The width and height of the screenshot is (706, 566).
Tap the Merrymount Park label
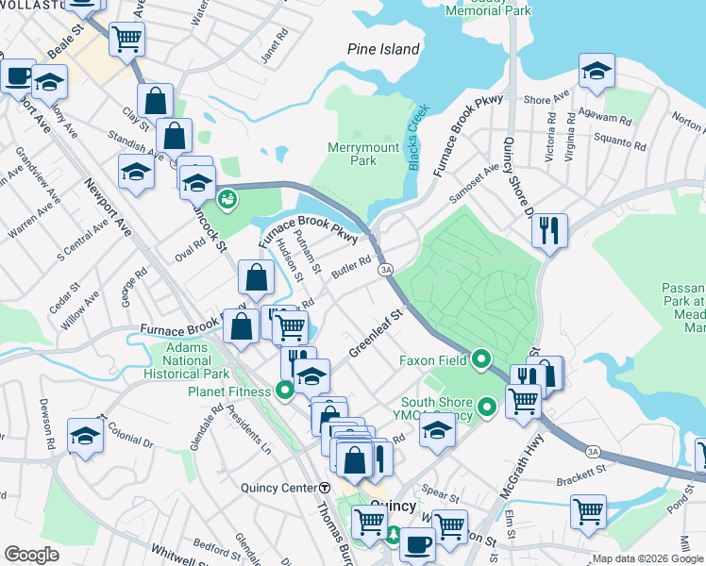point(352,154)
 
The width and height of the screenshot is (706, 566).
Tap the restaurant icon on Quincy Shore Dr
point(549,229)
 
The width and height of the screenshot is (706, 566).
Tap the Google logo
point(31,556)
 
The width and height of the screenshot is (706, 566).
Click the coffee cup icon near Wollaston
point(17,75)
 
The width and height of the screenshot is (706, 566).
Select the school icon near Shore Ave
point(597,72)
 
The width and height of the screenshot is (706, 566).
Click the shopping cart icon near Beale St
point(126,40)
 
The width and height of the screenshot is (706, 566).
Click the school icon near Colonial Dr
point(85,436)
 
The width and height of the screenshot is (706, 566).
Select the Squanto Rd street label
point(627,145)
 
